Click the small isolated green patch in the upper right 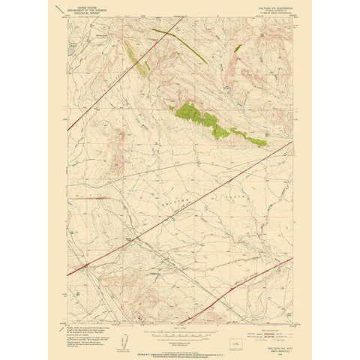coord(238,48)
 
